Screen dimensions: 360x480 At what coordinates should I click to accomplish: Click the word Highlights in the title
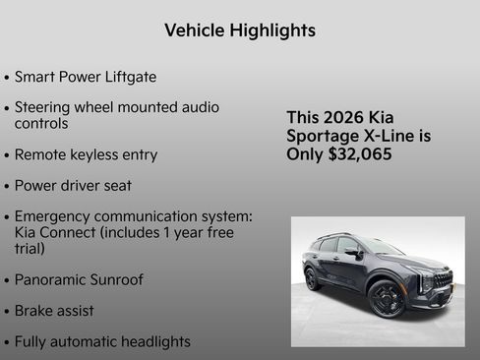click(x=270, y=30)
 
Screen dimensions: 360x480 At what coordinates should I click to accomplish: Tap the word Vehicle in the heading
click(x=193, y=30)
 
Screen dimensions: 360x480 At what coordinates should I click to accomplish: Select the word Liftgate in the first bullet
click(x=129, y=77)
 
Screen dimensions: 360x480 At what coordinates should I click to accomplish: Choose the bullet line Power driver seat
click(x=73, y=185)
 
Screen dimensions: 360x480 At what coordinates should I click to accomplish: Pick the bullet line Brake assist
click(x=54, y=311)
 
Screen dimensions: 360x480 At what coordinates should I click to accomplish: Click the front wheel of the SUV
click(x=387, y=298)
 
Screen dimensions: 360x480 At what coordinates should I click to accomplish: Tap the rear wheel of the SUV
click(x=313, y=278)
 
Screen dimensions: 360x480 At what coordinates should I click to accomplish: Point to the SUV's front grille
click(x=441, y=279)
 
